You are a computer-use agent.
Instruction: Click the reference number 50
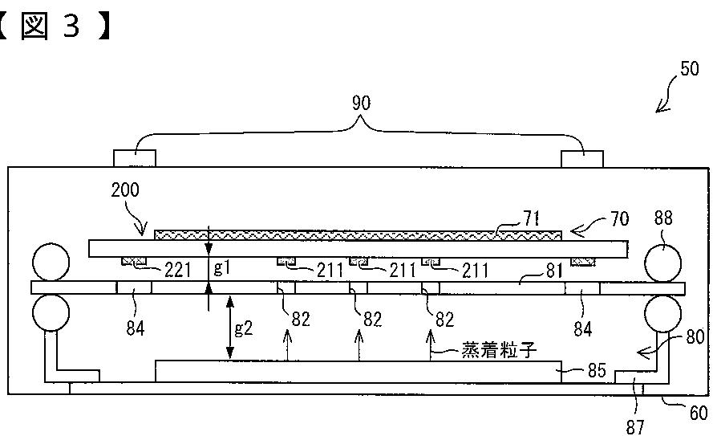[x=690, y=69]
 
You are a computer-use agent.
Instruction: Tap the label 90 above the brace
[x=362, y=103]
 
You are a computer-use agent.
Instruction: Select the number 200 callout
[x=125, y=189]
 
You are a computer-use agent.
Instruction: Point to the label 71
[x=531, y=218]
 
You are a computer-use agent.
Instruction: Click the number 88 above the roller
[x=663, y=218]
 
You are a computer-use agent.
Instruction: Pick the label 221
[x=177, y=271]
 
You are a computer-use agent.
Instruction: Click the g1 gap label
[x=222, y=267]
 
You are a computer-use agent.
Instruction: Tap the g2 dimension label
[x=243, y=328]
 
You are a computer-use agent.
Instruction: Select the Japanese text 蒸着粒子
[x=500, y=350]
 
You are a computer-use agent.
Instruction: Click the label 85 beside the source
[x=597, y=370]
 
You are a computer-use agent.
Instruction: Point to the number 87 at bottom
[x=635, y=427]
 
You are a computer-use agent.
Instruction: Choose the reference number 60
[x=699, y=413]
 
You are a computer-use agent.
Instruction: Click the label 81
[x=554, y=271]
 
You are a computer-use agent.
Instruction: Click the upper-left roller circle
[x=51, y=262]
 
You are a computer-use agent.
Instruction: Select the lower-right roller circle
[x=663, y=313]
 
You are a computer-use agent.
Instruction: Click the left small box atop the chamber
[x=135, y=159]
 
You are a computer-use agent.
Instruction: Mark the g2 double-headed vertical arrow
[x=230, y=328]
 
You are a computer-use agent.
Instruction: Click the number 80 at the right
[x=695, y=337]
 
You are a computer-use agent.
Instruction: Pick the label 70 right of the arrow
[x=620, y=219]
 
